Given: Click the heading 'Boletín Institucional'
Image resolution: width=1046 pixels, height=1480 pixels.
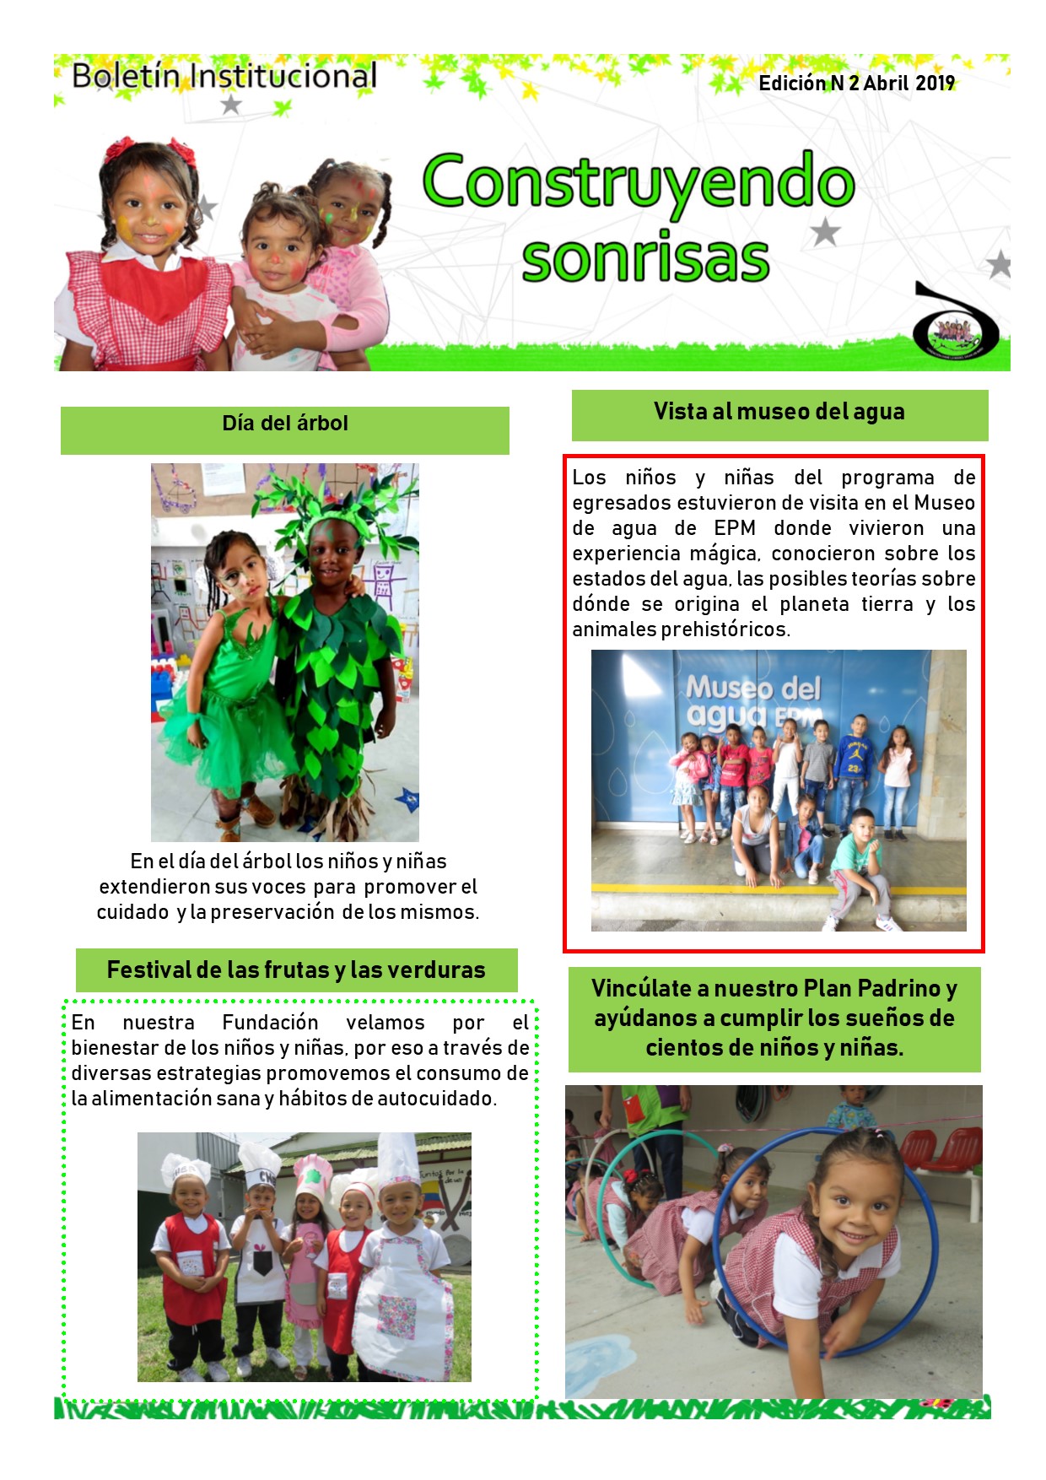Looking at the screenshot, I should point(224,76).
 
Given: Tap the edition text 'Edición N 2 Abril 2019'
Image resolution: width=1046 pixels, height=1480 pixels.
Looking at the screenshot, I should point(856,83).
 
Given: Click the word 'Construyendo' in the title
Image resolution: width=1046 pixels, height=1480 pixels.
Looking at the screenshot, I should point(639,184).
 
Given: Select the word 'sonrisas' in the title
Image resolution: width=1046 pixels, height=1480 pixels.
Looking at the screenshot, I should point(645,257).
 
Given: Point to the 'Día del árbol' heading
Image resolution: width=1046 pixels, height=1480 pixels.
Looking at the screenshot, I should point(284,424).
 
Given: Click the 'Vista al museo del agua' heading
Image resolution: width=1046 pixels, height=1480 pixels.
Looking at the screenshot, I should point(779,412).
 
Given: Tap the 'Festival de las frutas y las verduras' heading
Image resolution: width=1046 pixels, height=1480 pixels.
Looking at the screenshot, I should point(296,970).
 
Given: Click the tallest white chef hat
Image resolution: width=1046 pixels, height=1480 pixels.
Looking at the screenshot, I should point(397,1160).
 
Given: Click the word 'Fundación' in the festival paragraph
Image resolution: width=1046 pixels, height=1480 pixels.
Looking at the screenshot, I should point(270,1023).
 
